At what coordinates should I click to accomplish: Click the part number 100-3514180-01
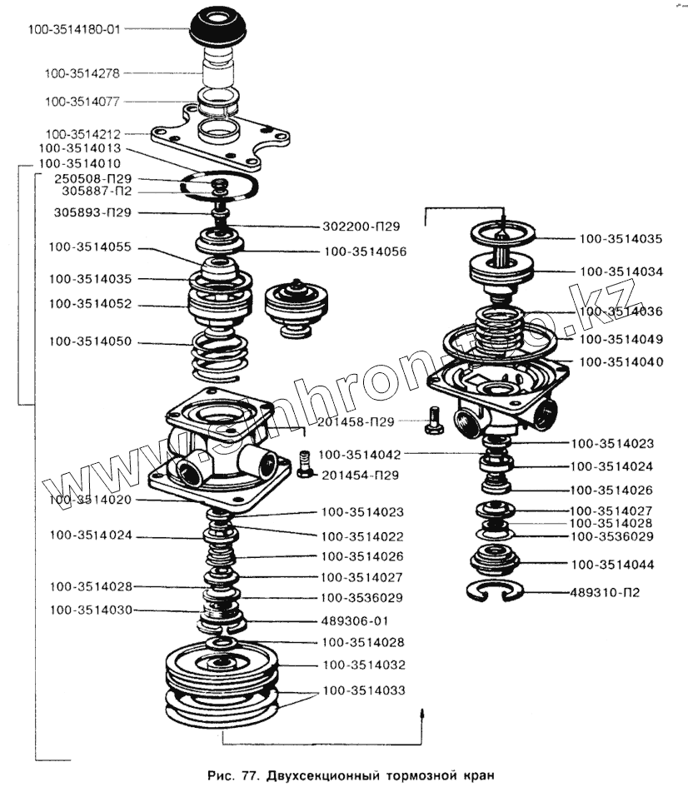tap(74, 29)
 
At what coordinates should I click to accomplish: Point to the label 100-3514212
tap(82, 133)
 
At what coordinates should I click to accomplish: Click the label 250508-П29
tap(92, 178)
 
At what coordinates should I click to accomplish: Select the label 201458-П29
tap(356, 422)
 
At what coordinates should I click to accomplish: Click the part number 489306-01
tap(354, 620)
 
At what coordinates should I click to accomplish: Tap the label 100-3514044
tap(611, 565)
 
